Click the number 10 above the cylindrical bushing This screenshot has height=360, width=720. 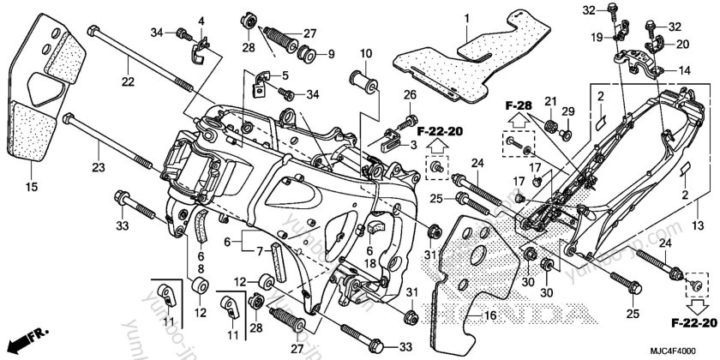[364, 54]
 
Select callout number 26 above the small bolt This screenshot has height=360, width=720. [410, 93]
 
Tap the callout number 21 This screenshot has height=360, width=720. [549, 103]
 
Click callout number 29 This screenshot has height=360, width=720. [567, 112]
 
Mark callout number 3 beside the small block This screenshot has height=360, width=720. [416, 147]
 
